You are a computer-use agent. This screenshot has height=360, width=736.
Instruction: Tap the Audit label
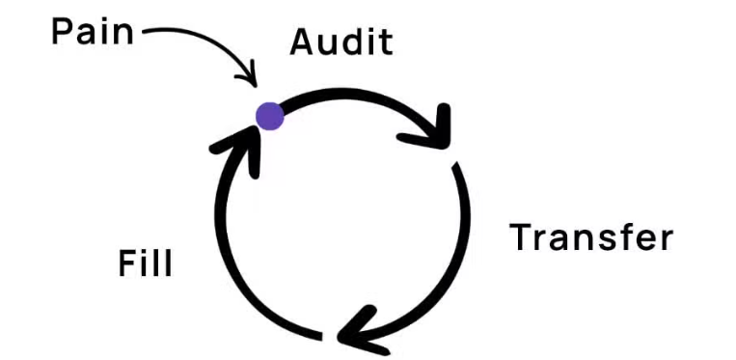tap(341, 42)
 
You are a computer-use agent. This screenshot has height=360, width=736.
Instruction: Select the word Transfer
tap(591, 236)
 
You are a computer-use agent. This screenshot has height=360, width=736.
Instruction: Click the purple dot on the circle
tap(269, 116)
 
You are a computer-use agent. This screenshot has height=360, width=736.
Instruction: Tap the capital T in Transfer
tap(524, 236)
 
